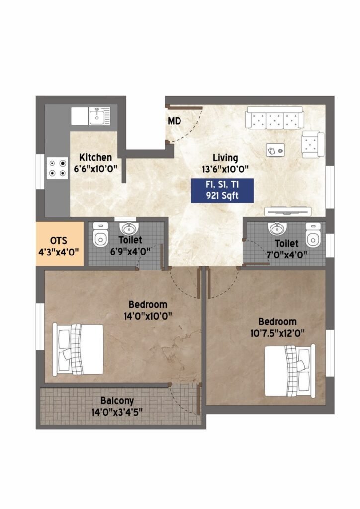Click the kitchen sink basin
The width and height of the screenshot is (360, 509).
tap(97, 116)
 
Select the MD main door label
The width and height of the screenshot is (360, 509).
tap(175, 121)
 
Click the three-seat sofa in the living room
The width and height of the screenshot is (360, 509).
tap(274, 117)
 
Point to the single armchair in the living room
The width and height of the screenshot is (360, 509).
tap(313, 145)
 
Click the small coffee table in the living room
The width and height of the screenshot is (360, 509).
tap(275, 150)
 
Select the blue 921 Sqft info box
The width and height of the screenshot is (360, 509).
tap(222, 190)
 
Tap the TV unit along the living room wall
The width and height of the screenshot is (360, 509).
tap(287, 211)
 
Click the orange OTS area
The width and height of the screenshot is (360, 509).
tap(60, 244)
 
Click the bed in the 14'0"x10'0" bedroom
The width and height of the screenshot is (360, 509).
tap(78, 349)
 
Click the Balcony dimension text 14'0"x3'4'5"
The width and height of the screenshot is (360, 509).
tap(117, 412)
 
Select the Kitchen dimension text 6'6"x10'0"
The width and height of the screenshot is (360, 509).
tap(95, 169)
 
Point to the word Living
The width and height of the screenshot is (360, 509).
tap(225, 158)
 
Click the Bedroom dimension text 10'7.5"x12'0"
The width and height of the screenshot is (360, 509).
tap(277, 334)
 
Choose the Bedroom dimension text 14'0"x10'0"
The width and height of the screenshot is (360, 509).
tap(148, 316)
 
